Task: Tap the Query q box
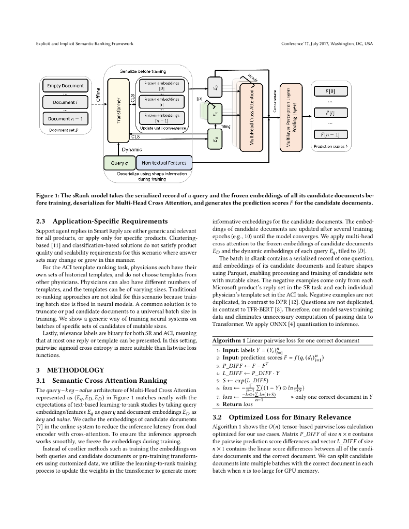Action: click(119, 163)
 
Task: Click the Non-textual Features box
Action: click(164, 163)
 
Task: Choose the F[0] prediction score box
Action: click(330, 91)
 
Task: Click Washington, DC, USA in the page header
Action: click(344, 44)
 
